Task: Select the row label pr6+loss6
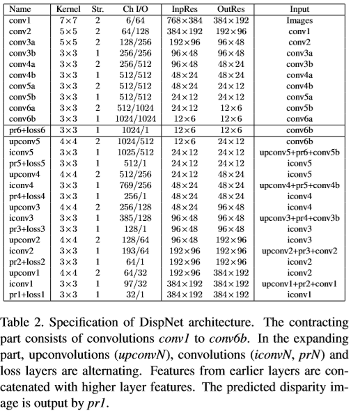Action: [28, 130]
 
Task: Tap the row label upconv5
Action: [24, 141]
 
